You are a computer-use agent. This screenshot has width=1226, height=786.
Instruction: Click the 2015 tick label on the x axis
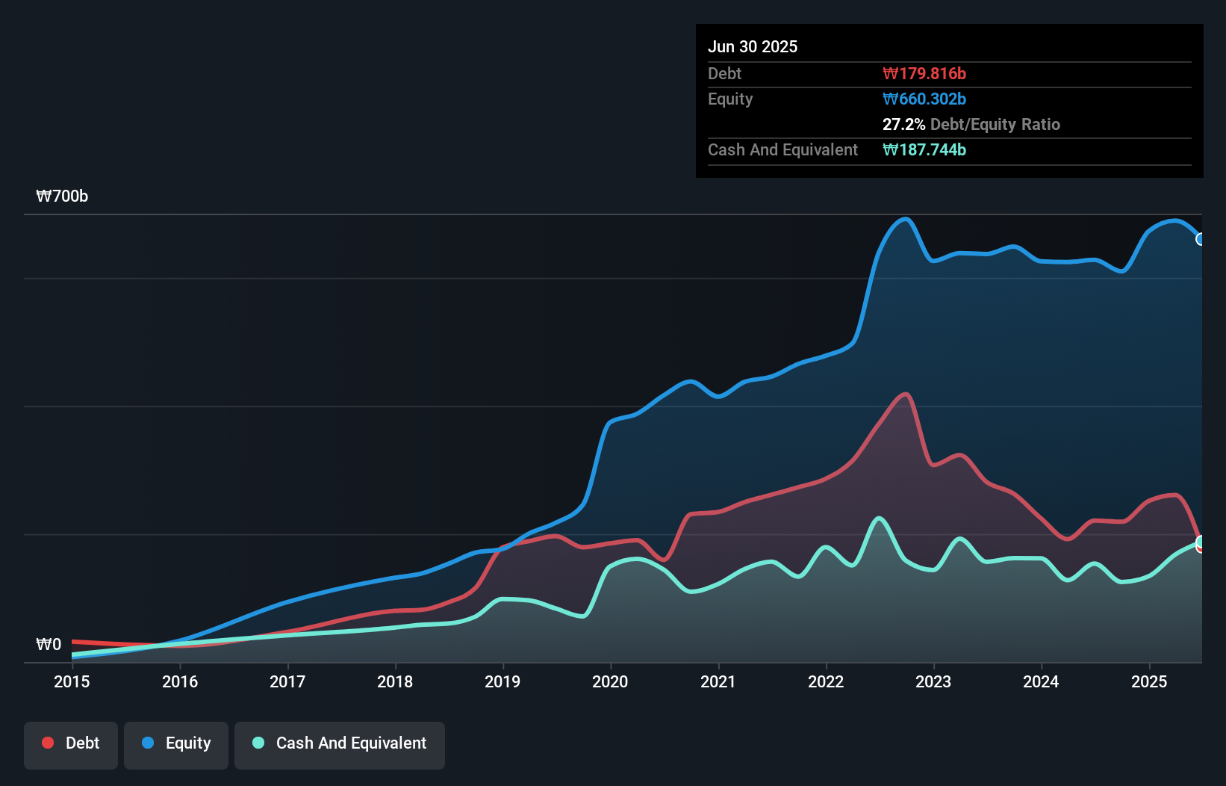(x=72, y=681)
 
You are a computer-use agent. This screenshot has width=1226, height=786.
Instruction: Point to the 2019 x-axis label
(x=502, y=681)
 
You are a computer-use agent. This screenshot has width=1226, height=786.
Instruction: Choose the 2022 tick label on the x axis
(x=826, y=681)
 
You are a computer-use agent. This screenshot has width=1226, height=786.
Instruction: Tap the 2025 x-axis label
(x=1149, y=681)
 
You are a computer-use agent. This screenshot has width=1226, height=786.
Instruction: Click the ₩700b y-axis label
(x=62, y=196)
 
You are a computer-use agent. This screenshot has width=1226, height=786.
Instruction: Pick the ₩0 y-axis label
(x=49, y=644)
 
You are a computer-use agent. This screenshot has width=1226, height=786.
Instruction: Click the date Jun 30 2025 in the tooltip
(x=753, y=46)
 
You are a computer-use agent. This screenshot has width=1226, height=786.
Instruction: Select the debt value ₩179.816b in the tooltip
(x=924, y=73)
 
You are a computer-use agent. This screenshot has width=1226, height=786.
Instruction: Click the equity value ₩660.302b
(x=924, y=99)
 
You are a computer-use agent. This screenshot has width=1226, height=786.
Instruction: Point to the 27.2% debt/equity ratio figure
(x=903, y=124)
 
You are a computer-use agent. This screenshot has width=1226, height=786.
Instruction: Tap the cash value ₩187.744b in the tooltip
(x=924, y=149)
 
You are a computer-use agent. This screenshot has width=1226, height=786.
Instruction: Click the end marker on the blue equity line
(x=1201, y=239)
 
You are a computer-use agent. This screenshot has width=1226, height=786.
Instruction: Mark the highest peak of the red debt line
(x=906, y=394)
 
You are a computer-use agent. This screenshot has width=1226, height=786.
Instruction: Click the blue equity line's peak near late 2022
(x=906, y=219)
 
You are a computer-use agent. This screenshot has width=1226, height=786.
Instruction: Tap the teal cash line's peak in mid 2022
(x=879, y=518)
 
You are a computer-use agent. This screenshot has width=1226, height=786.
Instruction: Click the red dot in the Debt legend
(x=48, y=743)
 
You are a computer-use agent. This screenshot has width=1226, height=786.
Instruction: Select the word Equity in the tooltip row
(x=730, y=99)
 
